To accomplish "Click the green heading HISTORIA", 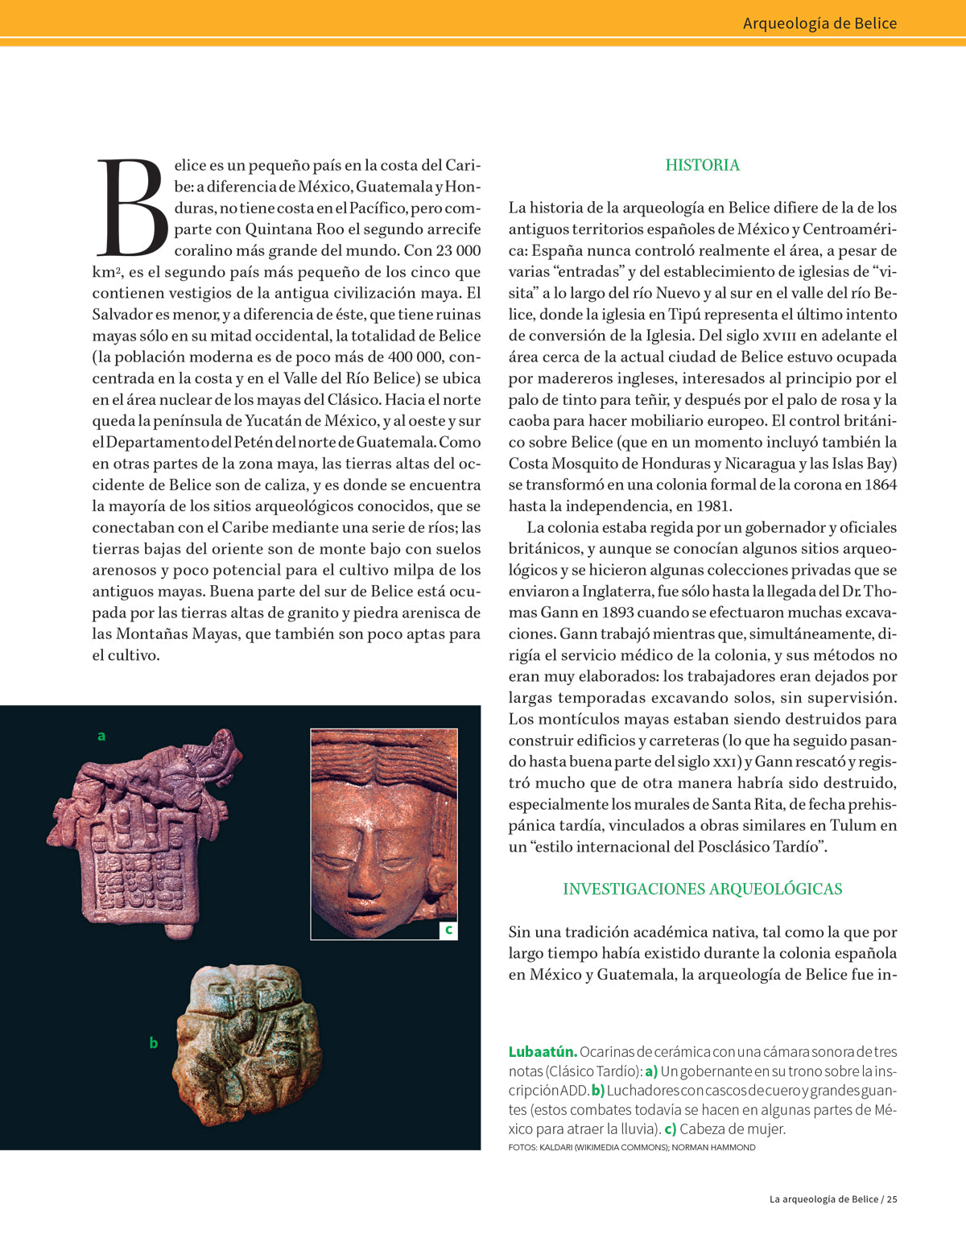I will coord(702,165).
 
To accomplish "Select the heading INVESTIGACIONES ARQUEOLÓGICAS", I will coord(702,889).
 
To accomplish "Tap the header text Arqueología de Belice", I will coord(819,23).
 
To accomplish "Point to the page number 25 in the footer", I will coord(892,1199).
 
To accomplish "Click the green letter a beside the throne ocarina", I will coord(101,736).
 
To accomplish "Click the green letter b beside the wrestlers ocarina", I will coord(154,1043).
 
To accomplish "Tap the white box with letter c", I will coord(448,930).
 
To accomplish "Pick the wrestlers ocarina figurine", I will coord(246,1043).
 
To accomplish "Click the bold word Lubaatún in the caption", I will coord(543,1052).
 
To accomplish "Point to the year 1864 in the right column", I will coord(879,485).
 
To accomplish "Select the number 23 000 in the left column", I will coord(459,250).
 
